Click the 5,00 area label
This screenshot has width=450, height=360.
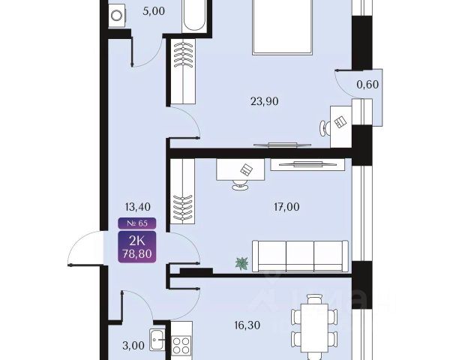tap(154, 11)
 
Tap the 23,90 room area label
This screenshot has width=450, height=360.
tap(264, 101)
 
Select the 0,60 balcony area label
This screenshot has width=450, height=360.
tap(367, 85)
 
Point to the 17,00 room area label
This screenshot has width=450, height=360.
tap(286, 207)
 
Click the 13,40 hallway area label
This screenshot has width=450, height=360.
tap(137, 207)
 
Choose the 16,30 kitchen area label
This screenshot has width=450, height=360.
tap(247, 325)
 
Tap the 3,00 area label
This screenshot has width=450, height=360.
tap(133, 345)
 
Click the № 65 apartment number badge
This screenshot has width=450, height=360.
tap(137, 223)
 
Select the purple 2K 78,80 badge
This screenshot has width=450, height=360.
tap(137, 247)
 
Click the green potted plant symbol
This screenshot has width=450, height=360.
tap(241, 263)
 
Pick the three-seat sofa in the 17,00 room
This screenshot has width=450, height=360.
tap(300, 256)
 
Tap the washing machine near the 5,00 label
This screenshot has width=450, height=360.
tap(117, 16)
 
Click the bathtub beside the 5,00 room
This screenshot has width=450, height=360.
tap(194, 16)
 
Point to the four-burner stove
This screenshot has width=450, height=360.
tap(181, 346)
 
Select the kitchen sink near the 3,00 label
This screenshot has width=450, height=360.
tap(157, 340)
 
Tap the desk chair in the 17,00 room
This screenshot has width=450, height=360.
tap(240, 185)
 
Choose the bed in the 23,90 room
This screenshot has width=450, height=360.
tap(282, 27)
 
